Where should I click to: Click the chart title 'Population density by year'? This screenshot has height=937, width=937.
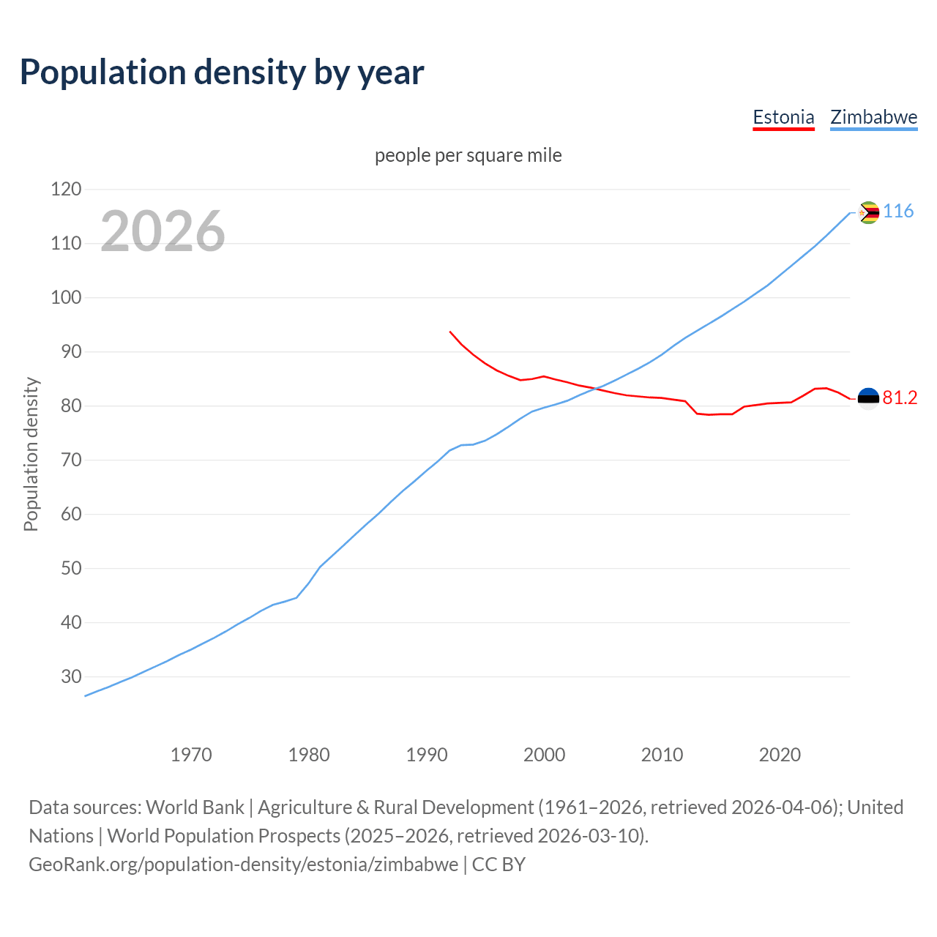click(222, 72)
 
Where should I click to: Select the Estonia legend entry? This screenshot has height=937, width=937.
click(783, 117)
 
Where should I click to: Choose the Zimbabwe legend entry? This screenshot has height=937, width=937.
click(873, 117)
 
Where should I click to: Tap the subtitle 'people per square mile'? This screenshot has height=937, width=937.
click(468, 155)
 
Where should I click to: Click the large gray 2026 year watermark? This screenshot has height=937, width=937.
click(163, 231)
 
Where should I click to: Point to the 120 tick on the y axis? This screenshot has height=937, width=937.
click(66, 190)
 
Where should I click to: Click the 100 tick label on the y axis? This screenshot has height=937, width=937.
click(66, 298)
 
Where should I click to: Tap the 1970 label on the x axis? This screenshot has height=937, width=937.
click(191, 755)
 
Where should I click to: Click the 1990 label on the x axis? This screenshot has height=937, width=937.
click(427, 755)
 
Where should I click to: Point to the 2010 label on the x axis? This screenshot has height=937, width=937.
click(662, 755)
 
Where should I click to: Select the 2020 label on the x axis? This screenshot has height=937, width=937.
click(780, 755)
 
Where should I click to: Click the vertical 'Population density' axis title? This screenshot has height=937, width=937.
click(31, 454)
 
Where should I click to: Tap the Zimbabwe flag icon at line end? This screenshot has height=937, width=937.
click(868, 212)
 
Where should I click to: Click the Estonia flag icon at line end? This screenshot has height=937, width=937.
click(868, 399)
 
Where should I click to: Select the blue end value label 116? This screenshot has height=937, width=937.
click(898, 212)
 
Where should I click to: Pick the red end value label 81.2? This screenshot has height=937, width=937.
click(900, 397)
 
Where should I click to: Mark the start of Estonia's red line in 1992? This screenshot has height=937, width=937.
click(450, 332)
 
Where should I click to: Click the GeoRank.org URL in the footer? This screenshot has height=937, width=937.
click(243, 865)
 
